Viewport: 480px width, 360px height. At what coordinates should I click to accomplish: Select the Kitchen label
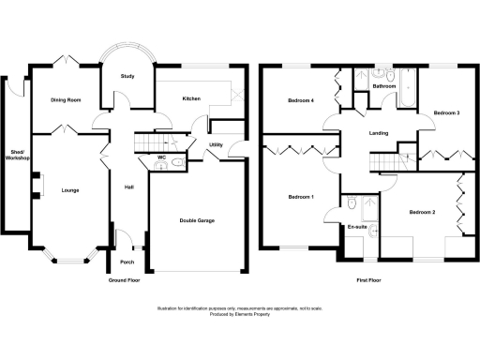[191, 98]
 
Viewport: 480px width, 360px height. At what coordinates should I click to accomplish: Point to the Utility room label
[216, 145]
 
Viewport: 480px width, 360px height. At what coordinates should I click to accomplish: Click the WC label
[162, 157]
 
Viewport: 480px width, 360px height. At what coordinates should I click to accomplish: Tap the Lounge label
[70, 191]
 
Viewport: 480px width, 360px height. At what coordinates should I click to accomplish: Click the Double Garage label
[197, 220]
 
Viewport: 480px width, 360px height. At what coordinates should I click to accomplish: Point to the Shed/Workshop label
[15, 156]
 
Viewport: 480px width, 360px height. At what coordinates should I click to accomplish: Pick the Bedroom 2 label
[422, 212]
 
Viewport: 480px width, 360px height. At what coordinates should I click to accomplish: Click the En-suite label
[356, 227]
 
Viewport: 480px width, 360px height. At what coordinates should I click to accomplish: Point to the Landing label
[379, 133]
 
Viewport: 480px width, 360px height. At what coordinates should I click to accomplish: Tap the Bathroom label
[384, 86]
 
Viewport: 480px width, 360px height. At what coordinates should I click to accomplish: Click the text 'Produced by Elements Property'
[240, 314]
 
